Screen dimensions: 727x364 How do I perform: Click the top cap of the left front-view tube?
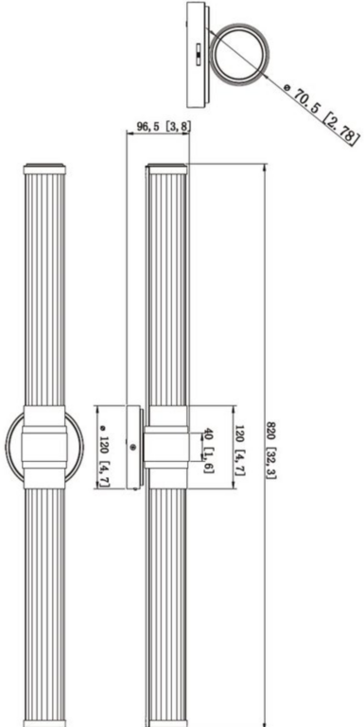[x=44, y=170]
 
